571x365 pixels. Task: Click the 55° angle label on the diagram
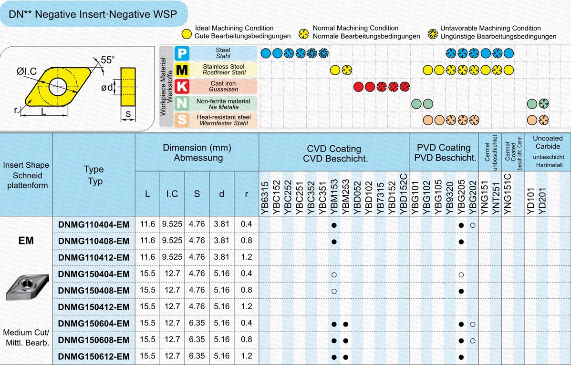pyautogui.click(x=107, y=60)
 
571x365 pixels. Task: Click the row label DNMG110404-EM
pyautogui.click(x=93, y=224)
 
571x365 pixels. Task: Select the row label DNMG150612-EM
pyautogui.click(x=93, y=356)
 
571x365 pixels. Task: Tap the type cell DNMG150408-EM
pyautogui.click(x=93, y=291)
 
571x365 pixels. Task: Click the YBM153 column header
pyautogui.click(x=334, y=195)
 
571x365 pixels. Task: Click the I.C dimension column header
pyautogui.click(x=172, y=194)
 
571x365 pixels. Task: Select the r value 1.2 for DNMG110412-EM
pyautogui.click(x=246, y=257)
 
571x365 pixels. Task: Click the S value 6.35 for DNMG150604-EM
pyautogui.click(x=197, y=324)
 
